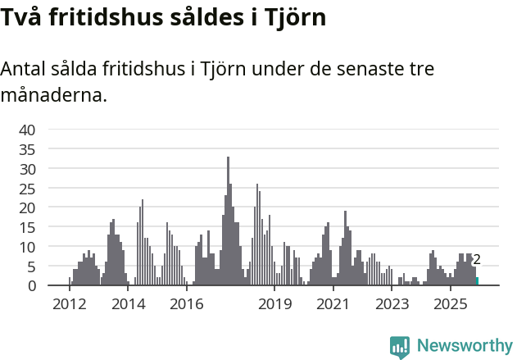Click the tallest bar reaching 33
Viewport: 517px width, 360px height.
[228, 221]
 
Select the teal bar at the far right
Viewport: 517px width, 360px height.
[477, 281]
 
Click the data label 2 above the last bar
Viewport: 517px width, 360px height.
[477, 260]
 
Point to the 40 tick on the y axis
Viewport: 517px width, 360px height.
[27, 130]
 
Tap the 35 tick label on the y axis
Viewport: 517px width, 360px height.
[27, 149]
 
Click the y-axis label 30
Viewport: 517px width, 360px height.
[27, 169]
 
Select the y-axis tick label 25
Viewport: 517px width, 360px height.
[27, 188]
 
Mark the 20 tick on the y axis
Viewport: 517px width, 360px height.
[27, 207]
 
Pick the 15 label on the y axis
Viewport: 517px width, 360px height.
[27, 227]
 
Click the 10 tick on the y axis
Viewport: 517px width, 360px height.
[27, 247]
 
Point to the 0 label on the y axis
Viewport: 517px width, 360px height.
[32, 285]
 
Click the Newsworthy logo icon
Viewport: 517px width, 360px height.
[400, 347]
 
